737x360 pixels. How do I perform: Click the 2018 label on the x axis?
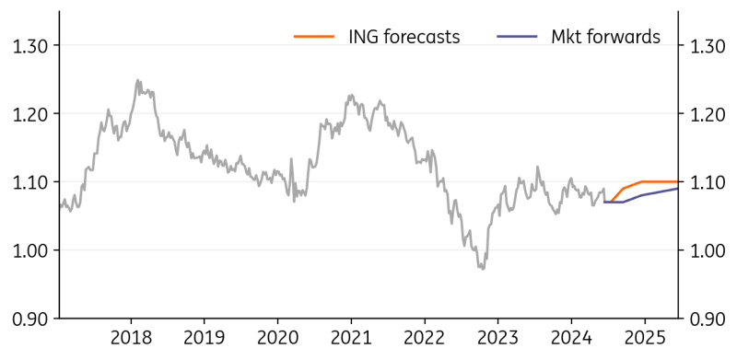coord(131,337)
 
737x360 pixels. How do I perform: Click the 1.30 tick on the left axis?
coord(30,46)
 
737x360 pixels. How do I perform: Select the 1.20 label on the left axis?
coord(30,114)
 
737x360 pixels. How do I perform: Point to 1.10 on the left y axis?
coord(30,182)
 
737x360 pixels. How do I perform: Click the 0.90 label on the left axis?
coord(30,319)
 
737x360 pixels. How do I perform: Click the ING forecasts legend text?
coord(404,37)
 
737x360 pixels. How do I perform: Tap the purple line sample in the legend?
coord(517,37)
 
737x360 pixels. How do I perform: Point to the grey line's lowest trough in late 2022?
coord(481,268)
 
